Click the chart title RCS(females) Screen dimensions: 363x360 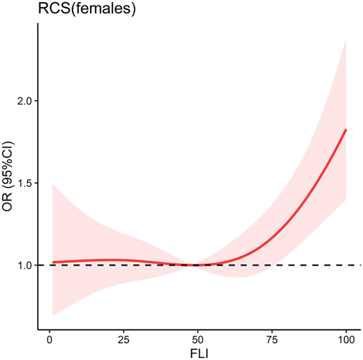tap(87, 9)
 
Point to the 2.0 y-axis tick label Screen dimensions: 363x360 tap(25, 101)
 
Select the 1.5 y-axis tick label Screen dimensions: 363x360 tap(25, 183)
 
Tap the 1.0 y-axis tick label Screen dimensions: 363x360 tap(25, 265)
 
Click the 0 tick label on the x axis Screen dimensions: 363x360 tap(50, 340)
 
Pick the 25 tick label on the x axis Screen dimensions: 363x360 tap(123, 340)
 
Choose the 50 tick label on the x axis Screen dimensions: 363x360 tap(198, 340)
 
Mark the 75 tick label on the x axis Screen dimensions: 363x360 tap(272, 340)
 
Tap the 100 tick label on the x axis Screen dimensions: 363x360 tap(346, 340)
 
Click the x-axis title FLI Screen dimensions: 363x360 tap(199, 354)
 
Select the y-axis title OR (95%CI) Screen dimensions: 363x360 tap(7, 176)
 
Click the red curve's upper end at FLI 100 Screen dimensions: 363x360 tap(346, 130)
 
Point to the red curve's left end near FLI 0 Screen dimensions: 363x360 tap(53, 262)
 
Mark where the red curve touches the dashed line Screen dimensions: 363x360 tap(196, 265)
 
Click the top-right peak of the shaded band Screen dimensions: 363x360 tap(346, 39)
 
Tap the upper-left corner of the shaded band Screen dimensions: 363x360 tap(53, 184)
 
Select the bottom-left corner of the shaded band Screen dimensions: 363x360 tap(53, 315)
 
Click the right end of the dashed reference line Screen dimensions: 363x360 tap(361, 265)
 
